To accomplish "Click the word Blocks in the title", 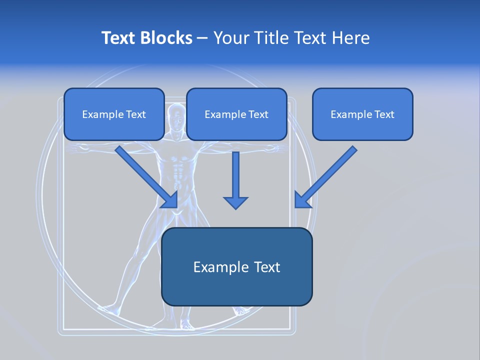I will [167, 38].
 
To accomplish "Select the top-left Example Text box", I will [114, 114].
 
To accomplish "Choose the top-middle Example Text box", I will [236, 114].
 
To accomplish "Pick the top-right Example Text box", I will [362, 114].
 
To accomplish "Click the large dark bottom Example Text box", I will [236, 267].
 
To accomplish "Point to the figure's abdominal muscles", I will [176, 175].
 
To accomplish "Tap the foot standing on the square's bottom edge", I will [187, 325].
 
